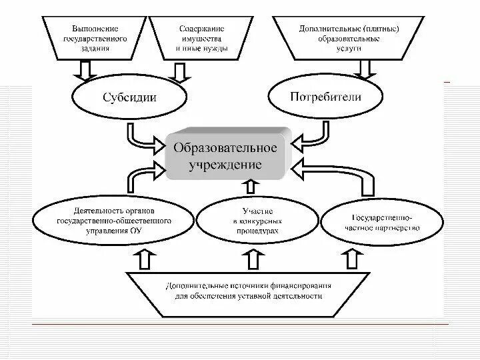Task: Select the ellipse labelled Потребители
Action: click(x=326, y=97)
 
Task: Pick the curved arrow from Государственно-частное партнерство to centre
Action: click(x=347, y=177)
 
